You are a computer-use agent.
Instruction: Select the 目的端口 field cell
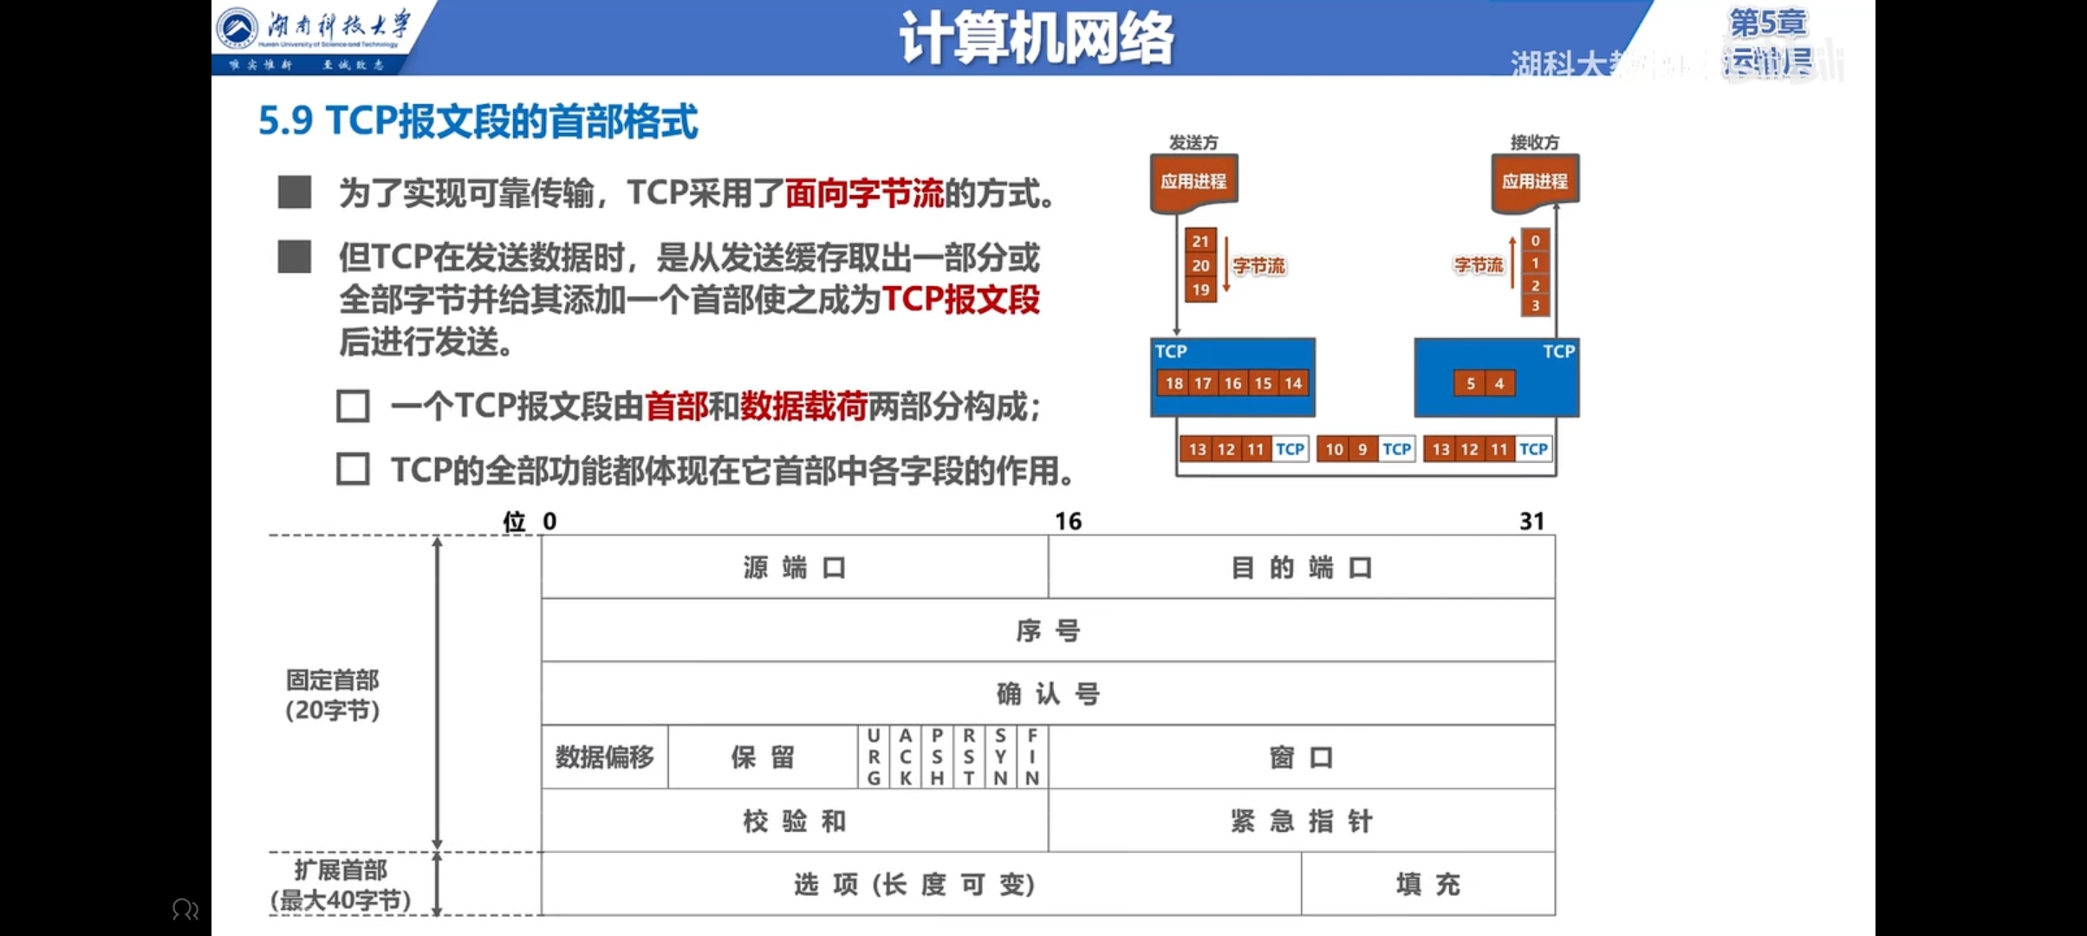[x=1301, y=568]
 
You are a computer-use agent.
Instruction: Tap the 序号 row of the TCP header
[x=1048, y=631]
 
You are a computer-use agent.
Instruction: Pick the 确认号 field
[x=1048, y=694]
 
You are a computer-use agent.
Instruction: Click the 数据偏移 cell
[x=605, y=757]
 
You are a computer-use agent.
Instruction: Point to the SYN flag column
[x=1001, y=757]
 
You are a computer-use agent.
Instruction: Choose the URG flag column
[x=874, y=757]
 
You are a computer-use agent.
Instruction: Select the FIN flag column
[x=1032, y=757]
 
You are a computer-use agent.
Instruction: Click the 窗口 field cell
[x=1301, y=757]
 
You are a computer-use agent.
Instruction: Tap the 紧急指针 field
[x=1301, y=821]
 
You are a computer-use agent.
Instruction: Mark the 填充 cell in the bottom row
[x=1427, y=884]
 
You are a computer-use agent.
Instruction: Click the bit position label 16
[x=1068, y=522]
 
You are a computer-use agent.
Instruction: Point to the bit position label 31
[x=1531, y=522]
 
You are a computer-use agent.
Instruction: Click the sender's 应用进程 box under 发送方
[x=1193, y=182]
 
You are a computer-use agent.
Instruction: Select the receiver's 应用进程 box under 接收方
[x=1534, y=182]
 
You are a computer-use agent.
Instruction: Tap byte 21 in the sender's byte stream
[x=1200, y=242]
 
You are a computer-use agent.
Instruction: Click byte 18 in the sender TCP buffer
[x=1174, y=383]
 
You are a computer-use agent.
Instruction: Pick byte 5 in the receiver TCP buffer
[x=1470, y=383]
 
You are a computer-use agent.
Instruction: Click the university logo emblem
[x=237, y=28]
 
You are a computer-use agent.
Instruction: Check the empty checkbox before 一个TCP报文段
[x=353, y=406]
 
